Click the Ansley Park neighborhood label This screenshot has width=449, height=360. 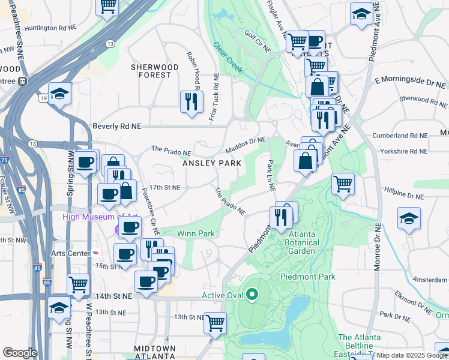pyautogui.click(x=212, y=163)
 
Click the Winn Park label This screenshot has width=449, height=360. pyautogui.click(x=196, y=233)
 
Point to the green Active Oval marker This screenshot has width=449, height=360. pyautogui.click(x=252, y=295)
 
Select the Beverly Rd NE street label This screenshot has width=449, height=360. pyautogui.click(x=116, y=127)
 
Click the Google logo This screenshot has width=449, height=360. pyautogui.click(x=20, y=353)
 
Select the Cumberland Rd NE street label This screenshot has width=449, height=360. pyautogui.click(x=399, y=136)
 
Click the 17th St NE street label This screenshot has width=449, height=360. pyautogui.click(x=165, y=187)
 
